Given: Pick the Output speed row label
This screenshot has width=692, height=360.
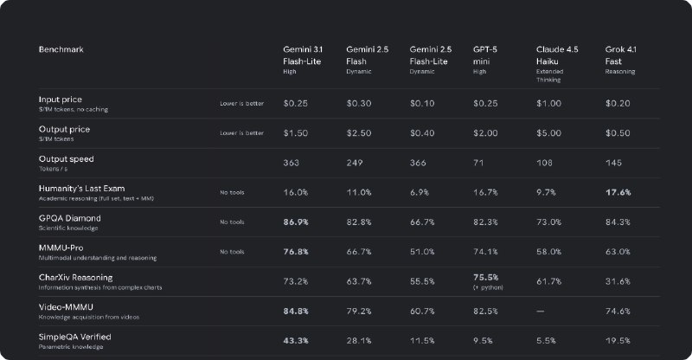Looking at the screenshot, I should (x=67, y=159).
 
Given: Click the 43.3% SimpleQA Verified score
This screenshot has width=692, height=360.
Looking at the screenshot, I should (x=298, y=340).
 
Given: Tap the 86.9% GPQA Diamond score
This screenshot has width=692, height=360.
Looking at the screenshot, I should (x=298, y=222).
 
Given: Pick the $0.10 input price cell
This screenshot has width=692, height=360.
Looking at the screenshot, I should (x=422, y=104).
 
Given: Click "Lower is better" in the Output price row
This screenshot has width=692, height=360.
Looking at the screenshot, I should (x=241, y=133).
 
